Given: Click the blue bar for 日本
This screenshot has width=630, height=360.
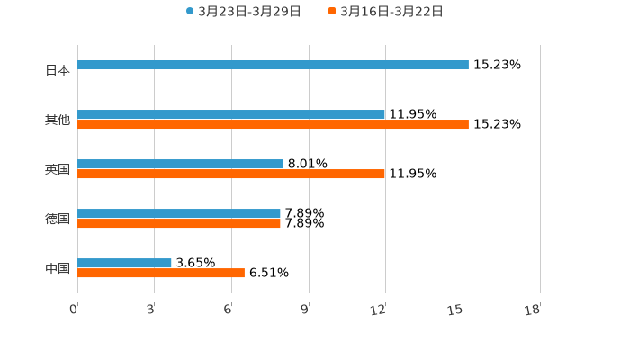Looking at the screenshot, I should pos(273,66).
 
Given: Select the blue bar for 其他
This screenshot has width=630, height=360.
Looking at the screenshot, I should pos(231,115).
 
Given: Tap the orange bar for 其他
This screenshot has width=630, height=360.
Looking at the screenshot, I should pos(273,125).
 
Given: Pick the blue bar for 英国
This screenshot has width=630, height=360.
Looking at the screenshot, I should pos(180,165).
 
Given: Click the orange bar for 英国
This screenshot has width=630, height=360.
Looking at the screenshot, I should pos(231,175).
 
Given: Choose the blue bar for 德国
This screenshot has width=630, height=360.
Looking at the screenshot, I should pos(179,214).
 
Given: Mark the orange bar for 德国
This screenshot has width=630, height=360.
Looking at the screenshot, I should pos(179,224).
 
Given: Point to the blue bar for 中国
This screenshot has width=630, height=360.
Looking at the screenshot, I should pos(124,264).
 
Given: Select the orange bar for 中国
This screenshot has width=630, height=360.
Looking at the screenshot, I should pos(161,274).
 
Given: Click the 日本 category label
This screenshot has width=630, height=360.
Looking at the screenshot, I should pos(58,70).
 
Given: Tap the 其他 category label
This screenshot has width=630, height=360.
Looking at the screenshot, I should pos(58,120).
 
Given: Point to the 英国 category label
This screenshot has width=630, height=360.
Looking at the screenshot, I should pos(58,169).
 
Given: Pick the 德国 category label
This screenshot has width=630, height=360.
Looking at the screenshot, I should pos(58,219).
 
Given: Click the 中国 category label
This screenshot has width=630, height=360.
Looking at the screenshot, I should pos(58,268).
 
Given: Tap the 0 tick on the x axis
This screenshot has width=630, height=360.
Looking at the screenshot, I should pos(75,310).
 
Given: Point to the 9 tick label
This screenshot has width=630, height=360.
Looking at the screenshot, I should pos(305,310).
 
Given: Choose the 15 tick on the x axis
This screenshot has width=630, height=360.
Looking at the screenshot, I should pos(458,310).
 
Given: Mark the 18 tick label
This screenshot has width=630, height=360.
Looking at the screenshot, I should pos(533,310).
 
